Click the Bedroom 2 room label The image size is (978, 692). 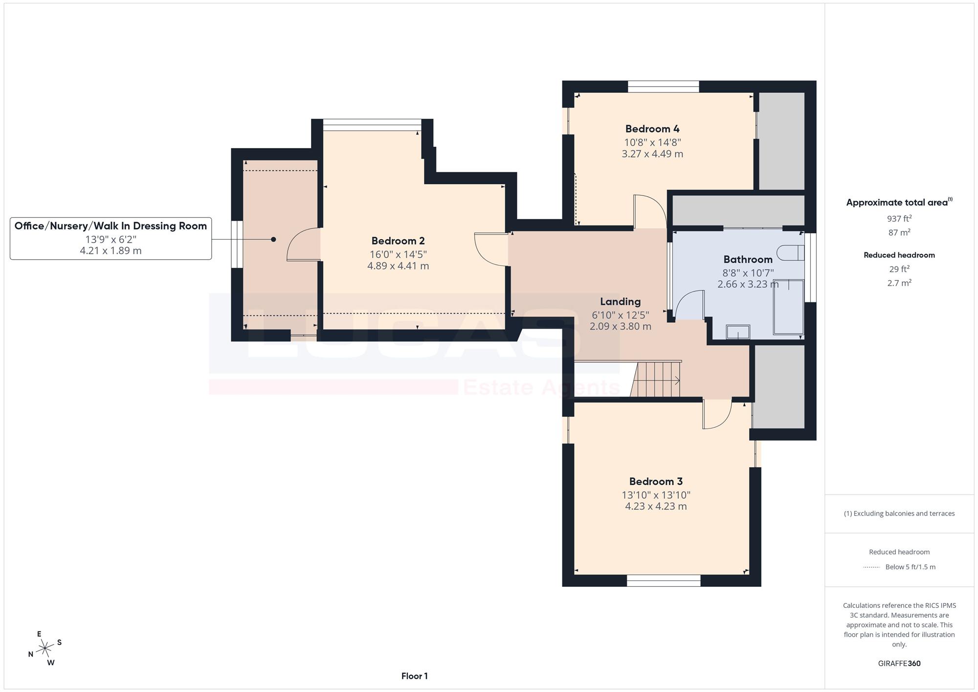[x=398, y=241]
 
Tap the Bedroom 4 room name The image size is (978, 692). [x=652, y=129]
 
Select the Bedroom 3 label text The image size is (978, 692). [x=656, y=481]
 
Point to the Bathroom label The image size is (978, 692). [x=748, y=259]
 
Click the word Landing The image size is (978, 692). [x=620, y=302]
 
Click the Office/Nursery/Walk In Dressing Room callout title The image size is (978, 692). [x=111, y=226]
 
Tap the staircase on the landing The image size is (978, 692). [x=656, y=379]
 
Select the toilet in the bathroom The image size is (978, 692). [x=791, y=253]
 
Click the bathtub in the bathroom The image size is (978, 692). [x=788, y=307]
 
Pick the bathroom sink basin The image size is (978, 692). [x=738, y=332]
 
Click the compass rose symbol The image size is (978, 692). [x=45, y=648]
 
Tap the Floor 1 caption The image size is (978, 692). [x=415, y=676]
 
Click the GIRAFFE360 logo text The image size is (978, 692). [x=899, y=664]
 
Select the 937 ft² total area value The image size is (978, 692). [x=899, y=219]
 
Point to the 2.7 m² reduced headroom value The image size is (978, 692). [x=899, y=283]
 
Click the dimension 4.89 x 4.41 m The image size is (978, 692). [x=398, y=266]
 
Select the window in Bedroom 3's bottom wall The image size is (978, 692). [x=664, y=580]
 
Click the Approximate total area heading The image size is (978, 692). [x=899, y=202]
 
